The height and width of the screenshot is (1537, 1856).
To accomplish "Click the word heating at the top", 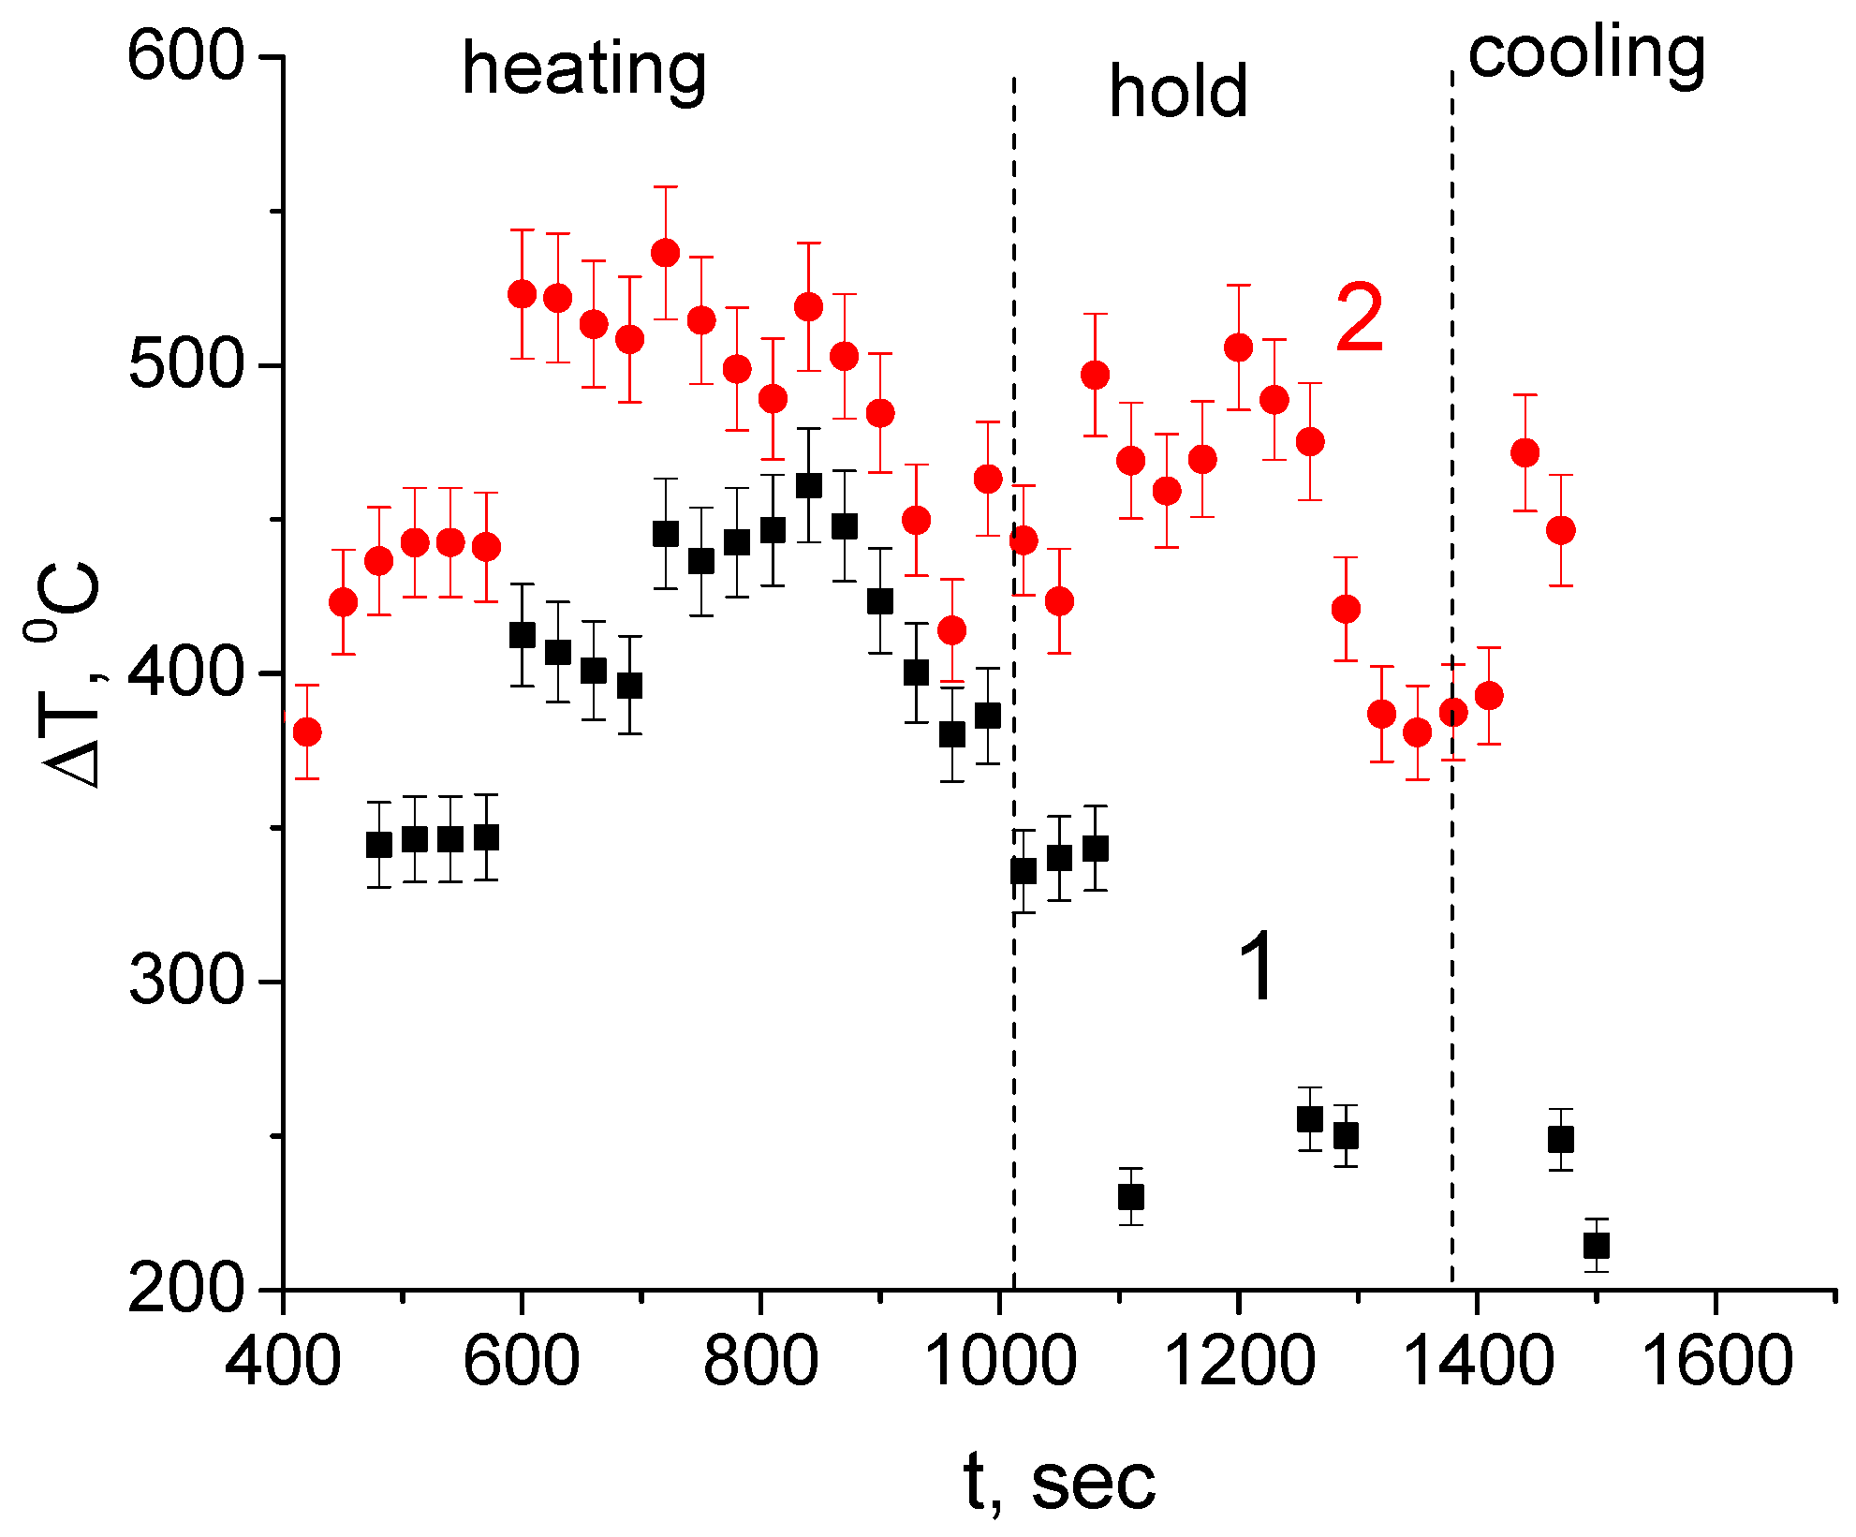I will point(584,71).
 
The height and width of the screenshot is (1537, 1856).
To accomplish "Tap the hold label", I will point(1178,92).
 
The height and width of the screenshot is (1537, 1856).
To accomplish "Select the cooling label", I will point(1586,54).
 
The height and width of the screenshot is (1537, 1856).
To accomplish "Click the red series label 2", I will point(1359,320).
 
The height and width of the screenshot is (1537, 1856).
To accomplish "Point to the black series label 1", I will point(1256,968).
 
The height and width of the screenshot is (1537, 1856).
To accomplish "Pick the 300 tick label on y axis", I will point(185,983).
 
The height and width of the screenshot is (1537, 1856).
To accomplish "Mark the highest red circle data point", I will point(665,253).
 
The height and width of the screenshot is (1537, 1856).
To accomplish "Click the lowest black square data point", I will point(1597,1246).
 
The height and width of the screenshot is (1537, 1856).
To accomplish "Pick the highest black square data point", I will point(809,485).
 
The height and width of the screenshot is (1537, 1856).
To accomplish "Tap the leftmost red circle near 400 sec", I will point(307,732).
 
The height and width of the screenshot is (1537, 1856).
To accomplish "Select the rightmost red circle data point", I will point(1560,530).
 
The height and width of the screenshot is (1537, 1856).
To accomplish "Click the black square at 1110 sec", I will point(1131,1197).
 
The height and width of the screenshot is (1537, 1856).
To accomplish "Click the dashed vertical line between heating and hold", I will point(1013,656).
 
